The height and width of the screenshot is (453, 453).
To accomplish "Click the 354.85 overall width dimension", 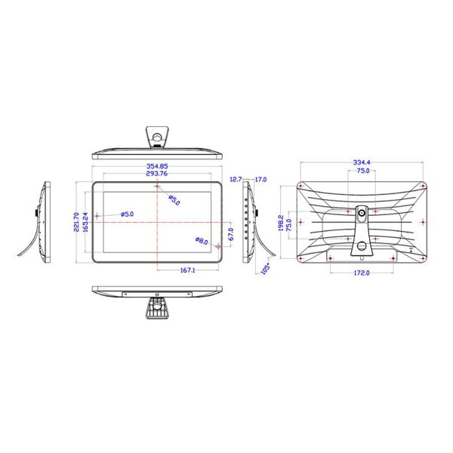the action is pyautogui.click(x=157, y=166).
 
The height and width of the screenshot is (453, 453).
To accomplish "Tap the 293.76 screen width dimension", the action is pyautogui.click(x=157, y=174).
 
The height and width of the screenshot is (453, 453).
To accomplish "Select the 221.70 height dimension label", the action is pyautogui.click(x=76, y=222).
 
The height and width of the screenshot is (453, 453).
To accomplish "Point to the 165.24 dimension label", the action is pyautogui.click(x=85, y=222).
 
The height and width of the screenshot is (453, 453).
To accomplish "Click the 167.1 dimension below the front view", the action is pyautogui.click(x=188, y=270).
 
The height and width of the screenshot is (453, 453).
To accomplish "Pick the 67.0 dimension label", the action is pyautogui.click(x=231, y=234).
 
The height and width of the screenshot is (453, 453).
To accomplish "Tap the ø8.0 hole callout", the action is pyautogui.click(x=202, y=241).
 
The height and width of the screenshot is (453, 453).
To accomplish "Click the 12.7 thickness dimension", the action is pyautogui.click(x=236, y=180).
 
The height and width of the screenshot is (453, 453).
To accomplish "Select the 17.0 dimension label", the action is pyautogui.click(x=260, y=180).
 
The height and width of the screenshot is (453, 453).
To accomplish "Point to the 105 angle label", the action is pyautogui.click(x=266, y=269).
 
